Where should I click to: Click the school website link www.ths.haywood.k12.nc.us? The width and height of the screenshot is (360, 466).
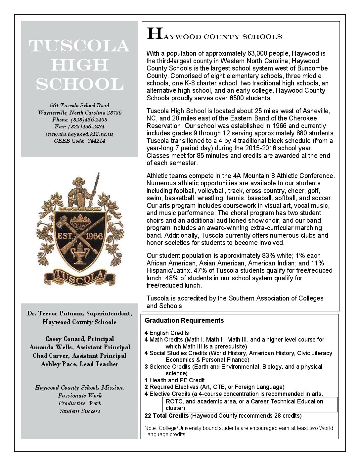tap(79, 134)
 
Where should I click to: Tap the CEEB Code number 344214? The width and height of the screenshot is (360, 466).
tap(96, 141)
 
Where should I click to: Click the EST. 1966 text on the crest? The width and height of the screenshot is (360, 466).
tap(79, 236)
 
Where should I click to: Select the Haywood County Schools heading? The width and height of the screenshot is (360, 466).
tap(214, 35)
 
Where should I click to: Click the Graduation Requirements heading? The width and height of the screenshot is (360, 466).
tap(184, 320)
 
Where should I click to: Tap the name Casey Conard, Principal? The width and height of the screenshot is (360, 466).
tap(79, 339)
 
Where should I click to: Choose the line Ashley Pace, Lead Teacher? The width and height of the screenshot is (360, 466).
tap(79, 364)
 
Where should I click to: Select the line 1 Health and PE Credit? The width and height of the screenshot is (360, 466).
tap(174, 380)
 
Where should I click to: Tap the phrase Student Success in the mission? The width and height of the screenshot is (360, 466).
tap(80, 411)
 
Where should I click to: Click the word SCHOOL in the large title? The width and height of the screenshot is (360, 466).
tap(79, 85)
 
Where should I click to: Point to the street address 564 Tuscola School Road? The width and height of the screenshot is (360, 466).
tap(79, 106)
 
